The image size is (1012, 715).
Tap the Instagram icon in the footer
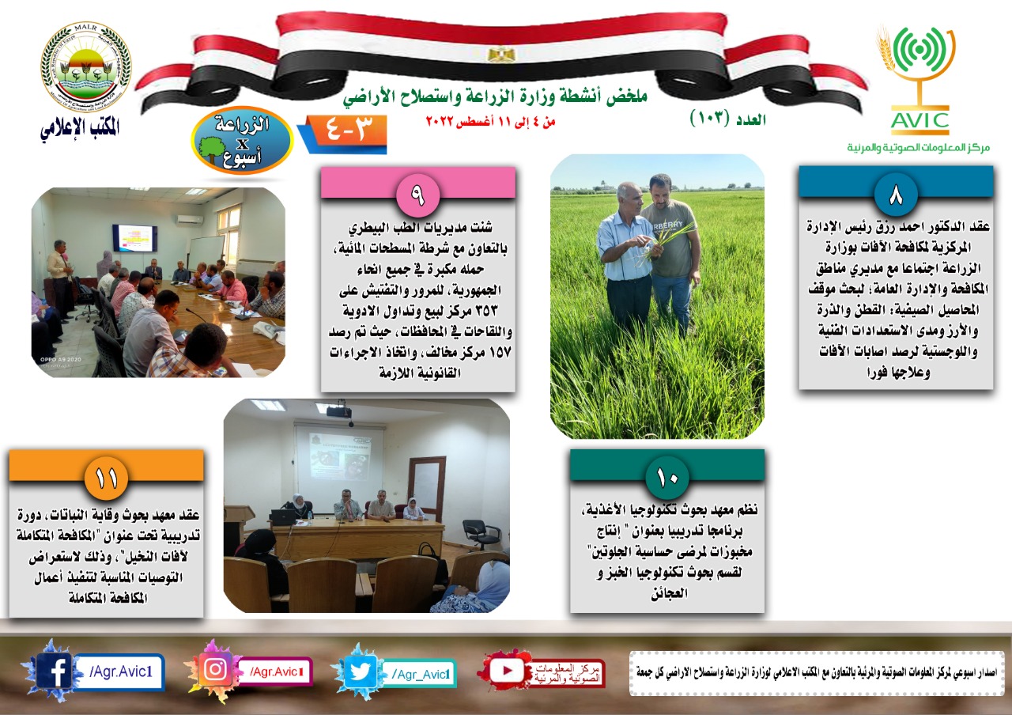pyautogui.click(x=216, y=669)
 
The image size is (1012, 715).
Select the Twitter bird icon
pyautogui.click(x=361, y=671)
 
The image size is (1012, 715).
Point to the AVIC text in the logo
pyautogui.click(x=919, y=121)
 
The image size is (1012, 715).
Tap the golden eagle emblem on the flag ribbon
pyautogui.click(x=501, y=55)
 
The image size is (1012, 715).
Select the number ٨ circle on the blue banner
pyautogui.click(x=896, y=195)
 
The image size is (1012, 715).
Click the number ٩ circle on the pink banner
pyautogui.click(x=417, y=195)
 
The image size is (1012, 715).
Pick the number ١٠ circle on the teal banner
pyautogui.click(x=667, y=478)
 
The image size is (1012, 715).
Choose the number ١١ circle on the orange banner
pyautogui.click(x=106, y=478)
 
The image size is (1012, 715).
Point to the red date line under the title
pyautogui.click(x=491, y=121)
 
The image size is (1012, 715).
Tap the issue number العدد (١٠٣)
pyautogui.click(x=728, y=119)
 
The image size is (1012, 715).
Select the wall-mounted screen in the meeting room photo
pyautogui.click(x=134, y=238)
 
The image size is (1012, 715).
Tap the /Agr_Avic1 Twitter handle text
pyautogui.click(x=421, y=674)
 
